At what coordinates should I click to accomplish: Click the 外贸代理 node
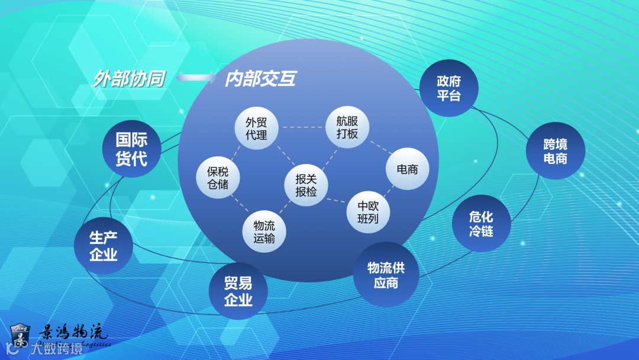(256, 129)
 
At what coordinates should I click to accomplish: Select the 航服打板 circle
(347, 127)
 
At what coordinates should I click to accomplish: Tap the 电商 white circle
(406, 169)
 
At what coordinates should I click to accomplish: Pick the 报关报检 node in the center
(306, 185)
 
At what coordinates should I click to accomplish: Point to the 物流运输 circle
(264, 232)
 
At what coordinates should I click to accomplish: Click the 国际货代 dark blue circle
(131, 150)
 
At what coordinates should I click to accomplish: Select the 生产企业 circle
(104, 247)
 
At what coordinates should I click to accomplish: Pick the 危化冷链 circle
(481, 224)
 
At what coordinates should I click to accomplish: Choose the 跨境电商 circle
(555, 151)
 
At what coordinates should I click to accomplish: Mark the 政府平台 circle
(449, 88)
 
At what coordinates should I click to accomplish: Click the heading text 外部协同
(128, 79)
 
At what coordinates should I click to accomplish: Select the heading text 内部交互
(260, 79)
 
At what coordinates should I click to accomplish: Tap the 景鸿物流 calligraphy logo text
(73, 332)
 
